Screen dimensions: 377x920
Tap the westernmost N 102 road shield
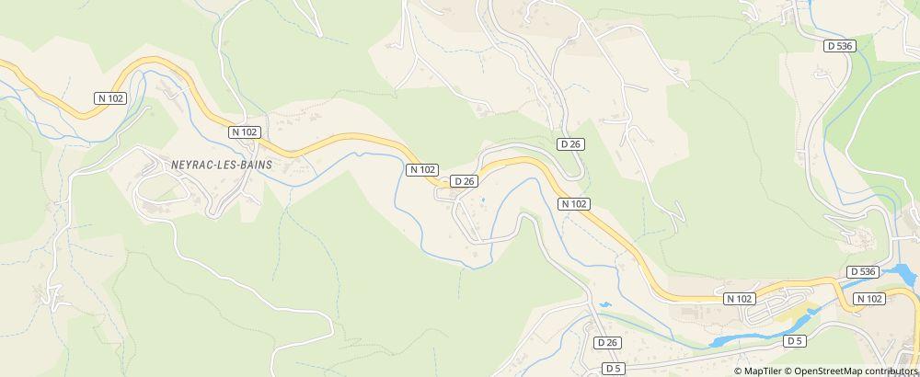click(110, 97)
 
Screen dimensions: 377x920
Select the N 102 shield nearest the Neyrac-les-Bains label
click(244, 132)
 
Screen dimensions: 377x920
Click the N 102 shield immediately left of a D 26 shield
click(422, 169)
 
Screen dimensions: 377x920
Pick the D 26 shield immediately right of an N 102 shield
click(464, 182)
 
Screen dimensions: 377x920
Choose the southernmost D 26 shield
click(607, 343)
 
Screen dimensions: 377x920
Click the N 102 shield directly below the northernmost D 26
click(573, 203)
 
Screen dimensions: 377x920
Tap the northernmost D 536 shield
click(837, 45)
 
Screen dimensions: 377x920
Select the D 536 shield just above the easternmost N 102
click(863, 271)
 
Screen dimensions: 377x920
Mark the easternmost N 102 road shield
click(868, 299)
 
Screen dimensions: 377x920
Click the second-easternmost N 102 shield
click(739, 299)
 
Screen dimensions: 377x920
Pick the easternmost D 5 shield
click(795, 341)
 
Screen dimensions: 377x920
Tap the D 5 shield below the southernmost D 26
click(613, 369)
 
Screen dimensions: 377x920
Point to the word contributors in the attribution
click(889, 371)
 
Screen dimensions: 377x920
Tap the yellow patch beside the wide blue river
click(791, 318)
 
